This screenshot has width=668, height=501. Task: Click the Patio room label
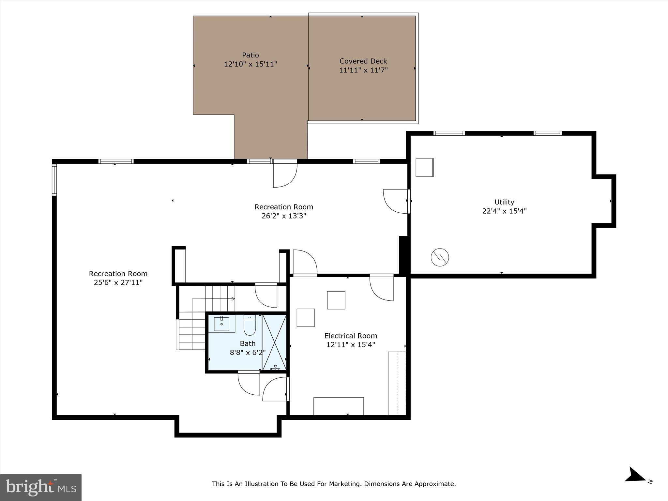[x=250, y=55]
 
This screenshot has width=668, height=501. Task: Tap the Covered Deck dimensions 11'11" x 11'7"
[x=363, y=70]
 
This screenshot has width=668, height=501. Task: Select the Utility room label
[x=504, y=202]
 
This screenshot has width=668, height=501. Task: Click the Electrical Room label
[x=351, y=336]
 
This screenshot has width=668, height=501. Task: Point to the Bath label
[x=248, y=343]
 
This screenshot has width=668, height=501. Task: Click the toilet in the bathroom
[x=250, y=326]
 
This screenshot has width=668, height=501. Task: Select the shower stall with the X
[x=274, y=342]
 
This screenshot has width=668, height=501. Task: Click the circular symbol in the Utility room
[x=440, y=257]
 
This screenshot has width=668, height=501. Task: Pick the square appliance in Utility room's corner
[x=424, y=167]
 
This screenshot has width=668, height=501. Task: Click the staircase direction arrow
[x=232, y=298]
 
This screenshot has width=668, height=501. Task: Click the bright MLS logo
[x=41, y=487]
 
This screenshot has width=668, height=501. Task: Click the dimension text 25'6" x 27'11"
[x=118, y=282]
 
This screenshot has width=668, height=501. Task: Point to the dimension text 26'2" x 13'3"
[x=284, y=216]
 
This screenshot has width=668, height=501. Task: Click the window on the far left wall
[x=54, y=180]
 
